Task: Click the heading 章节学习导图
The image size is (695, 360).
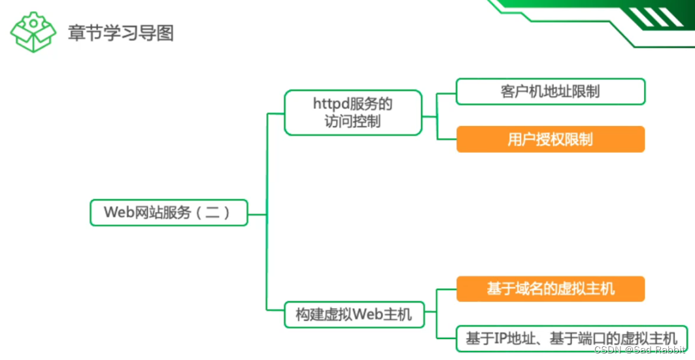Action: pyautogui.click(x=121, y=33)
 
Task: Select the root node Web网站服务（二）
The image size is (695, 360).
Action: pyautogui.click(x=169, y=212)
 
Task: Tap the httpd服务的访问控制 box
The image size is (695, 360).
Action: pyautogui.click(x=353, y=112)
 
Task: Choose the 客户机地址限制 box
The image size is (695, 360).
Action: pyautogui.click(x=550, y=91)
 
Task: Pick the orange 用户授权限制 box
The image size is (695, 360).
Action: pyautogui.click(x=550, y=139)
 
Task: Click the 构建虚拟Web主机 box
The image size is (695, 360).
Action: pyautogui.click(x=353, y=314)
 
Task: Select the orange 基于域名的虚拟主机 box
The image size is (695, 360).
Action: pyautogui.click(x=550, y=289)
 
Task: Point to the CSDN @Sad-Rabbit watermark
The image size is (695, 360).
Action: pyautogui.click(x=643, y=350)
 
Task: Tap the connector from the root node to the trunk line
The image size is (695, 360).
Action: pyautogui.click(x=258, y=214)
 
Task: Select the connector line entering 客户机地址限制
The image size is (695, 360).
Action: pyautogui.click(x=446, y=93)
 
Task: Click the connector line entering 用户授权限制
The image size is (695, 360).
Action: pyautogui.click(x=446, y=139)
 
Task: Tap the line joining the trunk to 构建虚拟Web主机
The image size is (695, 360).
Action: pyautogui.click(x=275, y=310)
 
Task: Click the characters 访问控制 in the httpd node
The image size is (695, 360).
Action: pyautogui.click(x=353, y=121)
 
